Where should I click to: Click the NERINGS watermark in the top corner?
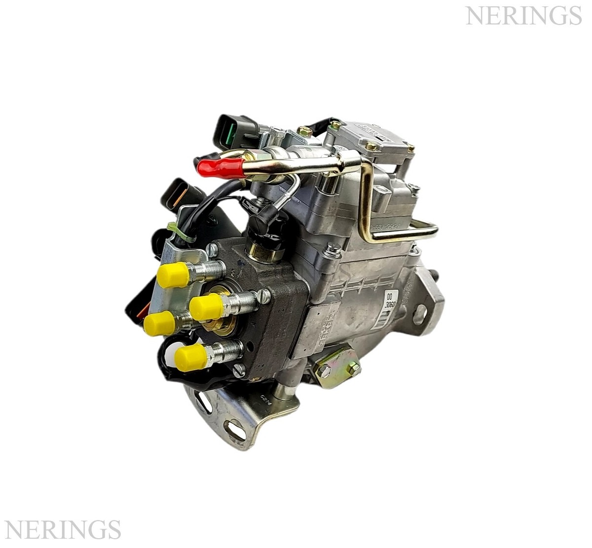523,16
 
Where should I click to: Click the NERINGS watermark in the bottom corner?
62,530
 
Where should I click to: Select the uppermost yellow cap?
172,274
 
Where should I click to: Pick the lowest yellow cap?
190,357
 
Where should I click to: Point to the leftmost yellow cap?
159,323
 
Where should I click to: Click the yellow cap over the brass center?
206,307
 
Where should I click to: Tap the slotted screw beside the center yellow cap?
264,297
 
